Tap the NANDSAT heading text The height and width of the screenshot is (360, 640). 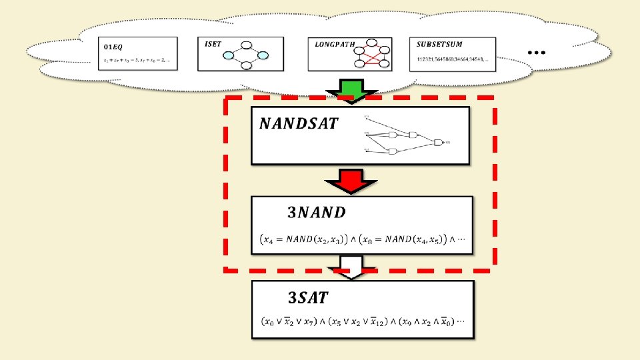[299, 123]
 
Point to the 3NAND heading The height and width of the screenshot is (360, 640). [317, 213]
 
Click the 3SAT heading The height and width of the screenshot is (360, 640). [308, 297]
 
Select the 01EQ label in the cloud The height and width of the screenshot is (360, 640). [114, 47]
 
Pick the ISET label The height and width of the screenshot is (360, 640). [213, 44]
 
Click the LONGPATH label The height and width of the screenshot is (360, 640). [331, 44]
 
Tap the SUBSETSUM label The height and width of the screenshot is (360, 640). [439, 45]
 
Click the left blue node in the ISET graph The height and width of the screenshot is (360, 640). [229, 55]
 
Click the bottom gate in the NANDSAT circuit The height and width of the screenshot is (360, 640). [393, 151]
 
